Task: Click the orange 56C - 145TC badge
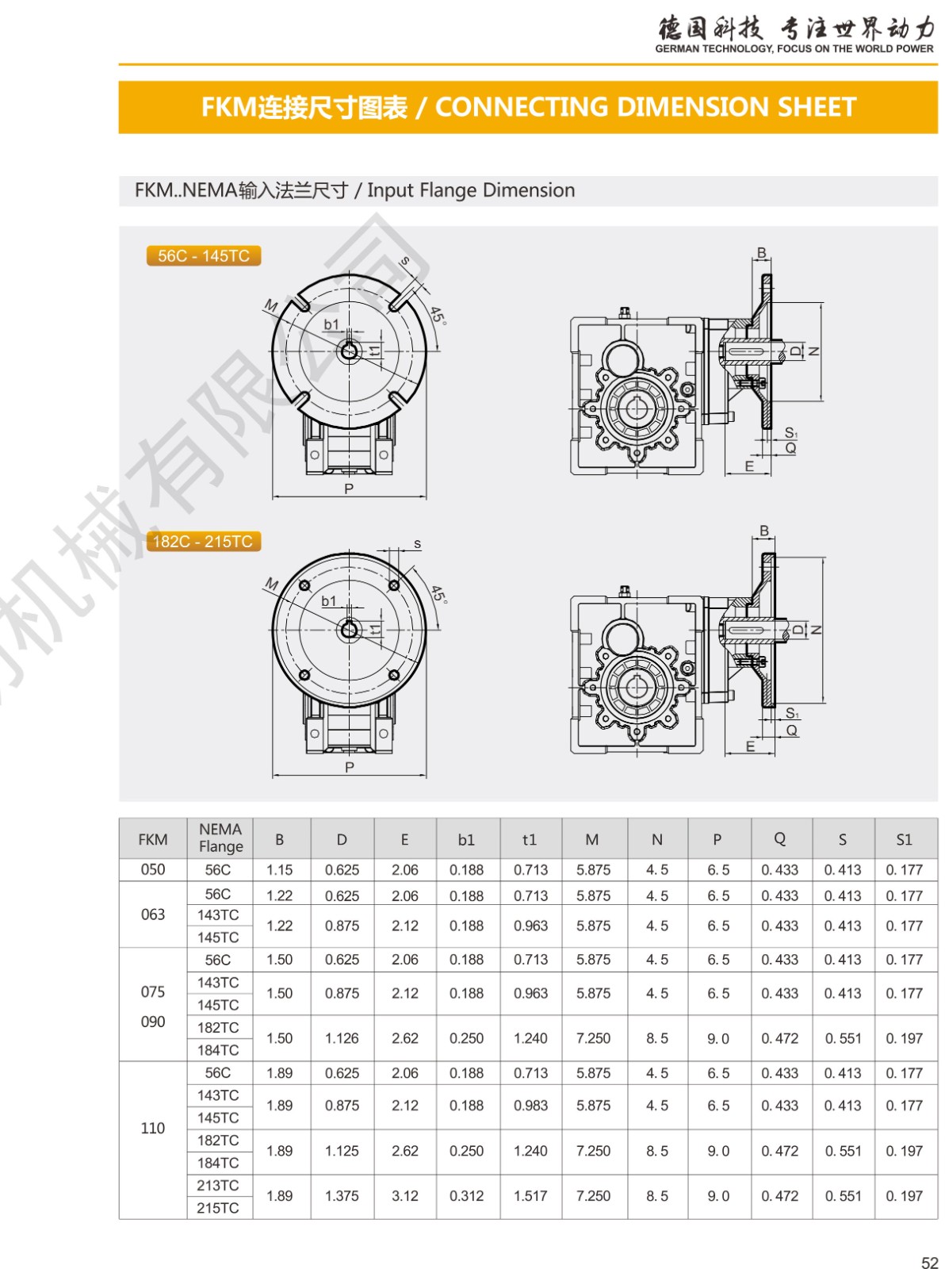click(204, 255)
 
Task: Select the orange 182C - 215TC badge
click(204, 541)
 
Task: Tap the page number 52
click(930, 1258)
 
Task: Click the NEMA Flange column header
click(220, 838)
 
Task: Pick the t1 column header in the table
click(530, 839)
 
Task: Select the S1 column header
click(905, 839)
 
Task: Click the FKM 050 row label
click(153, 869)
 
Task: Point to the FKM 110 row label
click(153, 1129)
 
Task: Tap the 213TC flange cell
click(218, 1186)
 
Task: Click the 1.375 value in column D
click(342, 1196)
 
